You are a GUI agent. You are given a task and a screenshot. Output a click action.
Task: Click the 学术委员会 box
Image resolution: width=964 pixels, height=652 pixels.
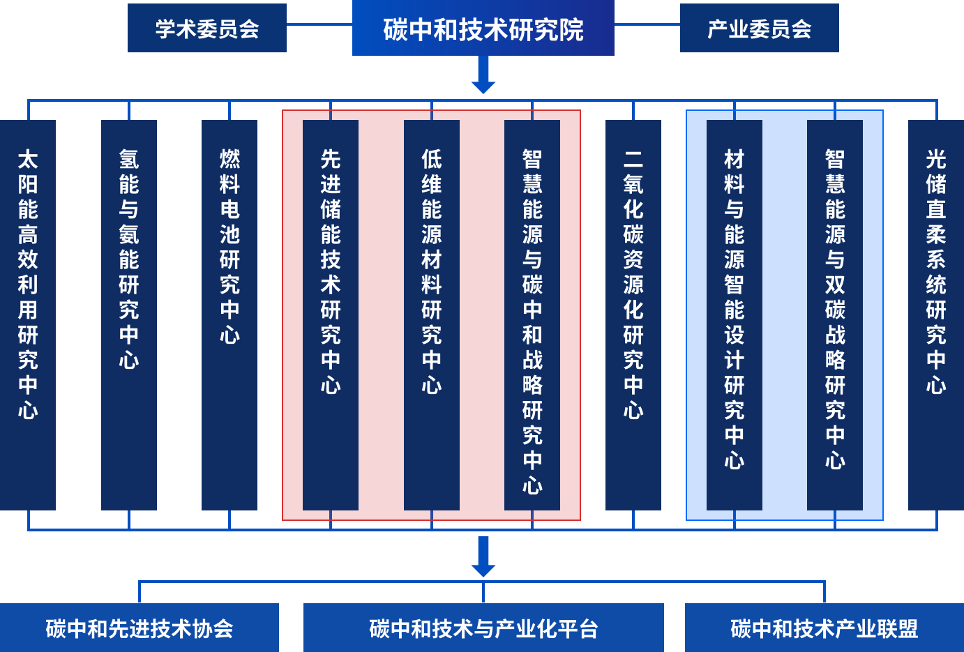206,28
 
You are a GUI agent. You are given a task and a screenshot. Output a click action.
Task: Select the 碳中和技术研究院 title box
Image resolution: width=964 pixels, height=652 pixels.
483,29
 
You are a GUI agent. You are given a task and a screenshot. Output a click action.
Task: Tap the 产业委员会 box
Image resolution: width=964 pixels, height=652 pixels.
759,28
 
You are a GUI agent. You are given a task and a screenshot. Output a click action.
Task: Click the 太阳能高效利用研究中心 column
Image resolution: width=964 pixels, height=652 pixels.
28,314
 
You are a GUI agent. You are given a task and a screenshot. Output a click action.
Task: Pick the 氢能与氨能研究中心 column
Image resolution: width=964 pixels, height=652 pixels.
129,314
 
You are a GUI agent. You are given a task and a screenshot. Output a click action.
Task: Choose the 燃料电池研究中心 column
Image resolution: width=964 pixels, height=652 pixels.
229,314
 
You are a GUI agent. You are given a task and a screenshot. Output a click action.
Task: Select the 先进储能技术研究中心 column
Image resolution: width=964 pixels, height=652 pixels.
331,314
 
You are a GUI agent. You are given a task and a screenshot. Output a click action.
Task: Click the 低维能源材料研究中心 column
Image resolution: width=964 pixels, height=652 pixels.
432,314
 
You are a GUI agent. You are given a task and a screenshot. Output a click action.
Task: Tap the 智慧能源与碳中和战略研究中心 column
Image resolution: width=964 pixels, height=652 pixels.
532,314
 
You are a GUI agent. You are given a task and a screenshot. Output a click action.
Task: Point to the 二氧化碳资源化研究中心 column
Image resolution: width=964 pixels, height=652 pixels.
633,314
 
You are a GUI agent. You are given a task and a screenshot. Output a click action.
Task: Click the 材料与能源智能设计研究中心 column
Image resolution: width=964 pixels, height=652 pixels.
735,314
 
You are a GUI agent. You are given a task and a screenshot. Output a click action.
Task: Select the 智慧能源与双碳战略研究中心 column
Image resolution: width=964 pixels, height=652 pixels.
835,314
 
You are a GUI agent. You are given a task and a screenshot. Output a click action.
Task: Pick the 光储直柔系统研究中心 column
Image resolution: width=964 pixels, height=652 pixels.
936,314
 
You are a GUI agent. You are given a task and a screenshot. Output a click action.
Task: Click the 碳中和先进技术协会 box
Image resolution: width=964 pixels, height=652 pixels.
140,628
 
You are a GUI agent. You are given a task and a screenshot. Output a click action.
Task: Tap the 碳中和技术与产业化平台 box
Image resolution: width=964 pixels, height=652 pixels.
483,628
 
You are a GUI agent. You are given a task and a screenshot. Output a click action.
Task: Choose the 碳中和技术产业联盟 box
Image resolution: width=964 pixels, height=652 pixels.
824,628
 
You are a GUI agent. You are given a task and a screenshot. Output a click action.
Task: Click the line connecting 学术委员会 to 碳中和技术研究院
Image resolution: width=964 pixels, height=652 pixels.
319,24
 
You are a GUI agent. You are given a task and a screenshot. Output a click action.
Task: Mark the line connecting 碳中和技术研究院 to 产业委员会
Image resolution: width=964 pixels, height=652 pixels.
647,24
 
